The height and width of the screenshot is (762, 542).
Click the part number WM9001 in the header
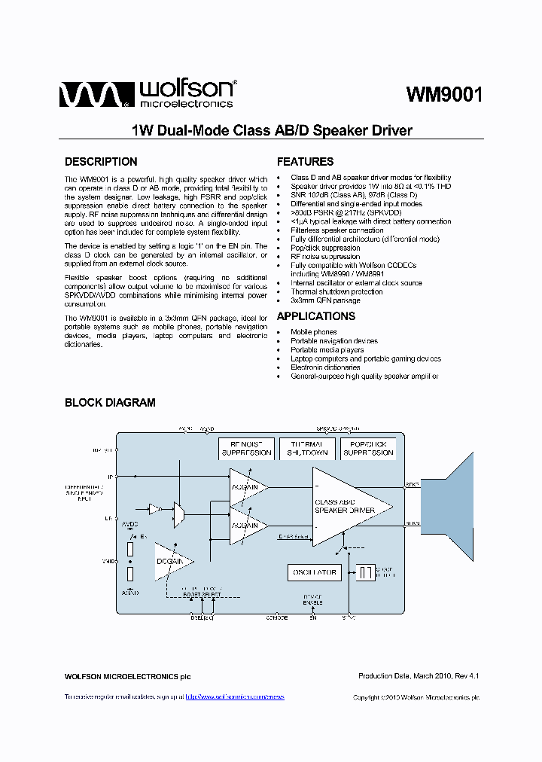click(x=444, y=94)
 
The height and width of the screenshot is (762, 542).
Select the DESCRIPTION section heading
click(x=101, y=162)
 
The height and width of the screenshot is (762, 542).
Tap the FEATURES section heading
click(x=305, y=162)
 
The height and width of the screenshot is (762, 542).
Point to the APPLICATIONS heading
click(x=315, y=316)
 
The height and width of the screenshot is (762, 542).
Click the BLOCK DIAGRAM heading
click(x=110, y=403)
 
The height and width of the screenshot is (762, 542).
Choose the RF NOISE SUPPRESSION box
click(x=246, y=448)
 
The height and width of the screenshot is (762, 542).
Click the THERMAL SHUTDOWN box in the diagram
click(x=307, y=448)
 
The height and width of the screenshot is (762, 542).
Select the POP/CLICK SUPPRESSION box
click(x=368, y=448)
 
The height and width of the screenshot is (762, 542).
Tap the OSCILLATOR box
click(x=314, y=573)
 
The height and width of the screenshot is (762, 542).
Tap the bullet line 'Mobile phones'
click(x=314, y=332)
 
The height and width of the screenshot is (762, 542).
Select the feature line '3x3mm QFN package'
click(x=325, y=300)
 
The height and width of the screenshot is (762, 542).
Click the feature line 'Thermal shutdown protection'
click(x=336, y=291)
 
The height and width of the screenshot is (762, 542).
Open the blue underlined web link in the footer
click(x=235, y=697)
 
